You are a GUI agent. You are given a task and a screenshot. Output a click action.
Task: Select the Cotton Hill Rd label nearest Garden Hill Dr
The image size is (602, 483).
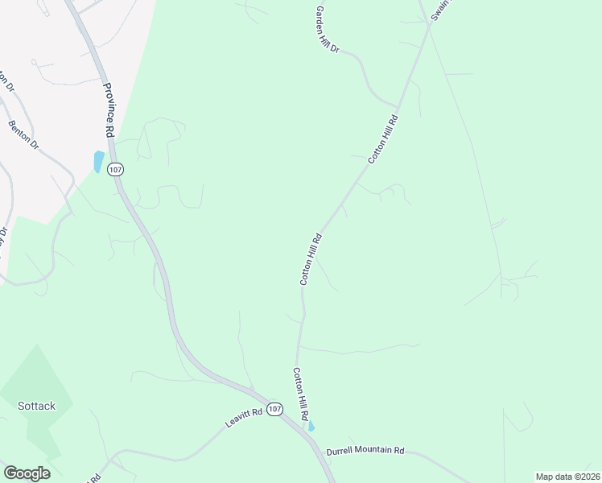tap(384, 139)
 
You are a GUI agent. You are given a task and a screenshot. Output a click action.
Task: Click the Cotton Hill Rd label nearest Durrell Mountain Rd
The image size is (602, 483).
tap(300, 395)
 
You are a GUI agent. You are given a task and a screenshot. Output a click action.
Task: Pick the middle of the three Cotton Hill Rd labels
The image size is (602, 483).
tap(311, 258)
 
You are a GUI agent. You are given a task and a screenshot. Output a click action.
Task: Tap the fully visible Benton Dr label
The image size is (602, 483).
tap(23, 135)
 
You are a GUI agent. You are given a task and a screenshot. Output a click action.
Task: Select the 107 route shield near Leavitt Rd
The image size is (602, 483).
tap(275, 409)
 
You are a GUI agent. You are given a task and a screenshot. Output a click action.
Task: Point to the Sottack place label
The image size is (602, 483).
tap(36, 406)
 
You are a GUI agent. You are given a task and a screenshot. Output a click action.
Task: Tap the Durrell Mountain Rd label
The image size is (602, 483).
tap(365, 451)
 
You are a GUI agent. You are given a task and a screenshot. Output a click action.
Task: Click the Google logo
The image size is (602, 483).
tap(27, 473)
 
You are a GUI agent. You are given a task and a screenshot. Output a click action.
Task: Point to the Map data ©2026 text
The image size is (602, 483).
tap(567, 477)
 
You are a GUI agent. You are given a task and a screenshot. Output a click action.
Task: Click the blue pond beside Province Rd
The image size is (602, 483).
tap(98, 162)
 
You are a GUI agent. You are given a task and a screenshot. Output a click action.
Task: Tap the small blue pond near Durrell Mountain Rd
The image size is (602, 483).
tap(311, 426)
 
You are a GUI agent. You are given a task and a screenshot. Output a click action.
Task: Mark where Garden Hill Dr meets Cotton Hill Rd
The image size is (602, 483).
tap(398, 106)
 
